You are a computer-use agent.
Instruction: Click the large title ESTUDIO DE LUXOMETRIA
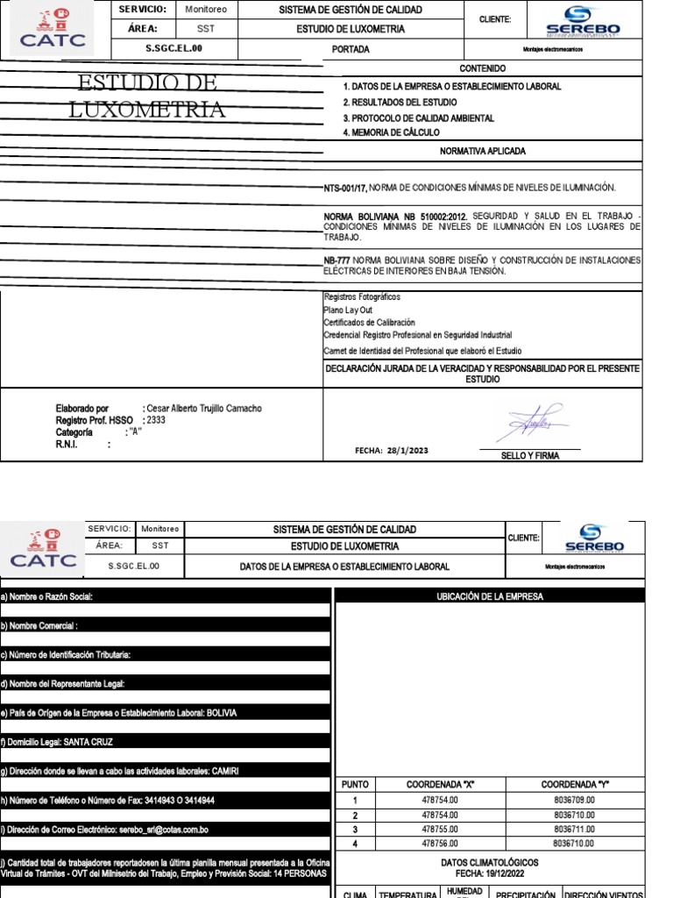tap(146, 96)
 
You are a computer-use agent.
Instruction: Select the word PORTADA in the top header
tap(351, 50)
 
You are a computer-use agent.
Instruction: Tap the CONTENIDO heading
tap(483, 68)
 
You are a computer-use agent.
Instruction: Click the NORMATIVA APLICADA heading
tap(483, 152)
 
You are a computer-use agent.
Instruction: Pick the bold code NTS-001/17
tap(345, 188)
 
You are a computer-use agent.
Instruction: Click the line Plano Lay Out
tap(348, 310)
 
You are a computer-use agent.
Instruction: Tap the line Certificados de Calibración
tap(369, 323)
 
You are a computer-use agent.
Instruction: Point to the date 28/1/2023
tap(407, 451)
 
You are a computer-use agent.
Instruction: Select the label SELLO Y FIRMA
tap(528, 456)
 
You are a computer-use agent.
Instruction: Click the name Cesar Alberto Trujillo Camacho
tap(203, 409)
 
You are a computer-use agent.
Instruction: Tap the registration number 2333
tap(156, 420)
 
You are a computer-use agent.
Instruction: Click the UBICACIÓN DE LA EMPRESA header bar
tap(490, 596)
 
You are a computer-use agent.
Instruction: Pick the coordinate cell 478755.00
tap(440, 829)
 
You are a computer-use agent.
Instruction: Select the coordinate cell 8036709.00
tap(574, 800)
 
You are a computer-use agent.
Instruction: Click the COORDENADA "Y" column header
tap(574, 785)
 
